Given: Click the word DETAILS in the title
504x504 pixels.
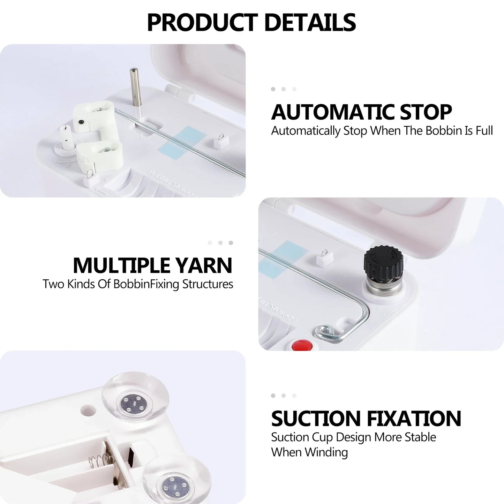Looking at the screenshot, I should (x=310, y=22).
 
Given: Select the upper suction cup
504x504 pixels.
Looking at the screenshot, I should (x=135, y=398).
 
